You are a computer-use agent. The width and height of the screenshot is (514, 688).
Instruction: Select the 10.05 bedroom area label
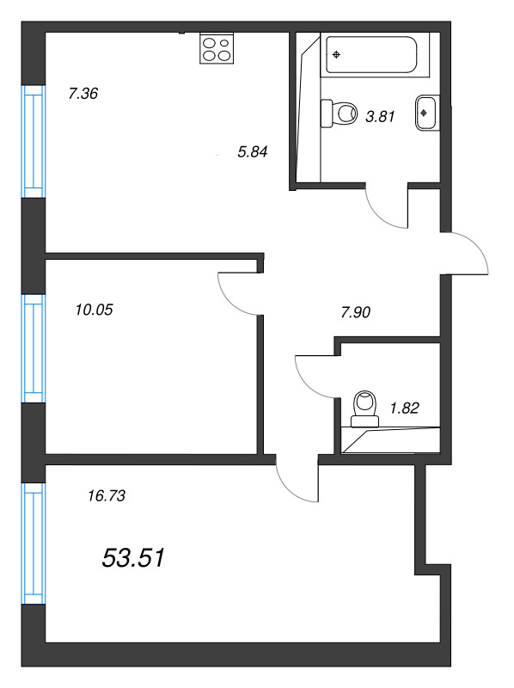95,309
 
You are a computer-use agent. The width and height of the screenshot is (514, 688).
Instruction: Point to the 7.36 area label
83,94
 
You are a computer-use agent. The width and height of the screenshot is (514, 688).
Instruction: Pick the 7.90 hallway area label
355,312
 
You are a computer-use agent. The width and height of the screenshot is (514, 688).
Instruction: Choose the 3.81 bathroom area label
380,118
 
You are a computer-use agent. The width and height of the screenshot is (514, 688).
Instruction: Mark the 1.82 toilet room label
404,408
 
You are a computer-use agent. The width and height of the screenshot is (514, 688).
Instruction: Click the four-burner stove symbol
217,48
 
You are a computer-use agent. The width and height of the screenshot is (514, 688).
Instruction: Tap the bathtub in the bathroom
371,54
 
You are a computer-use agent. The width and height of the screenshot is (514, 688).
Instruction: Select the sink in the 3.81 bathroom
427,112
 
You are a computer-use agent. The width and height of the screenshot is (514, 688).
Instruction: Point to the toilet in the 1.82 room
365,408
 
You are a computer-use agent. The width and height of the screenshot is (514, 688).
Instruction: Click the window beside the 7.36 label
33,141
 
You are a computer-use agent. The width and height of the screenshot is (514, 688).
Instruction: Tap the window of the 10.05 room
33,347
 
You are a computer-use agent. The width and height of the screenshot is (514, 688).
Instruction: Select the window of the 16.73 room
33,542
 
